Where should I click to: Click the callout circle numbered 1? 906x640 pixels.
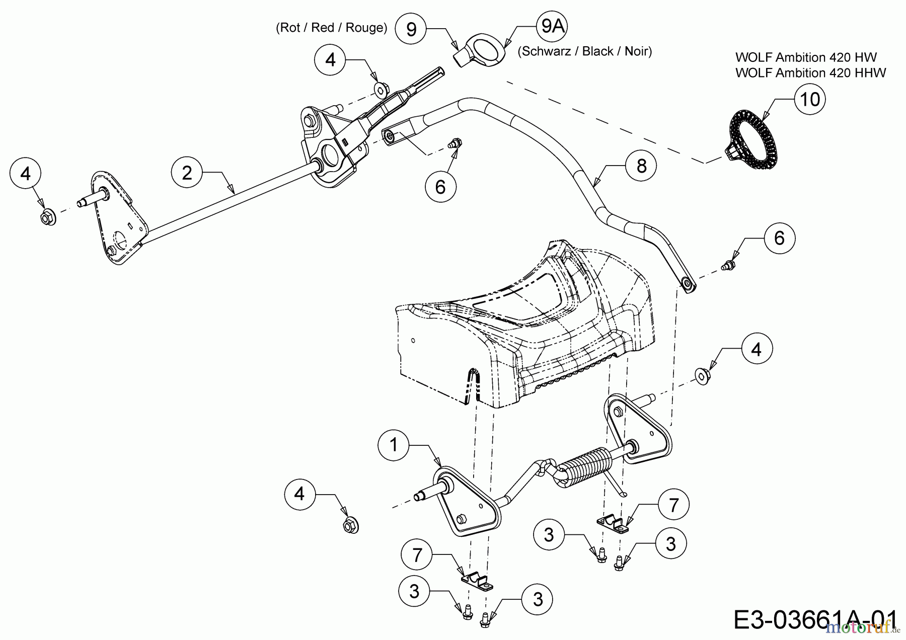point(394,445)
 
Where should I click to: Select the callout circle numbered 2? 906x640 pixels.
point(187,173)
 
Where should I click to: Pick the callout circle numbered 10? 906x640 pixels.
point(810,99)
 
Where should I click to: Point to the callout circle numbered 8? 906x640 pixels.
point(641,166)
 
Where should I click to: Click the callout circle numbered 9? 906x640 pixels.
point(411,29)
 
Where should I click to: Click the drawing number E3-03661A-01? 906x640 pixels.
point(815,619)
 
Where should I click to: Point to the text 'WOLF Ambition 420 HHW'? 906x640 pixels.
point(810,73)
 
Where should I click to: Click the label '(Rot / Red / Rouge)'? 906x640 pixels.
point(331,28)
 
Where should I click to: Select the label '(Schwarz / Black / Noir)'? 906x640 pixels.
point(584,51)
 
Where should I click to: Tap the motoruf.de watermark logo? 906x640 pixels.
point(863,627)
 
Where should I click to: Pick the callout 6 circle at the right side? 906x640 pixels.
point(779,238)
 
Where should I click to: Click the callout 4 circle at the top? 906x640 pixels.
point(330,60)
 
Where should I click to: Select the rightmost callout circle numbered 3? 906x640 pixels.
point(670,543)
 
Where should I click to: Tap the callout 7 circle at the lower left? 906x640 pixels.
point(417,555)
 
